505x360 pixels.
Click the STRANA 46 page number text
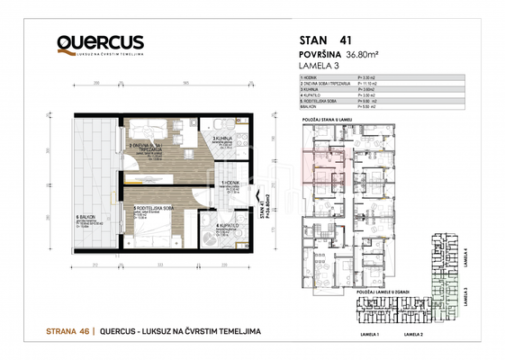point(68,332)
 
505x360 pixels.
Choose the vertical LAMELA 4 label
point(476,257)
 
